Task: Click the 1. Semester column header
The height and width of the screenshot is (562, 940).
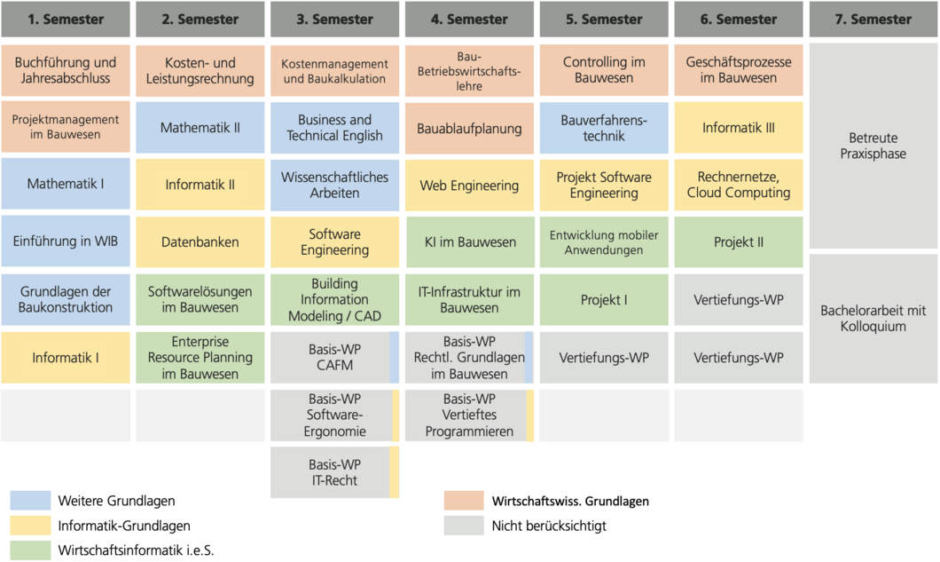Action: (x=66, y=19)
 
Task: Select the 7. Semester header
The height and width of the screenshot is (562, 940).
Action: (x=873, y=19)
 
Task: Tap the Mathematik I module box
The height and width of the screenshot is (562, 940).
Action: (x=66, y=185)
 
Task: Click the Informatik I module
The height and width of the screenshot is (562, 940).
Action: (x=66, y=358)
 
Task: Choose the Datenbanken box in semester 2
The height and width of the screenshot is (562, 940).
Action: (x=200, y=241)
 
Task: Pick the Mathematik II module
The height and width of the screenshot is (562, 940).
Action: (x=200, y=128)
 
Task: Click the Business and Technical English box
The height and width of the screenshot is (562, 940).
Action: (x=334, y=128)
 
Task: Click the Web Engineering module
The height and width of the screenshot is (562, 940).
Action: (x=469, y=186)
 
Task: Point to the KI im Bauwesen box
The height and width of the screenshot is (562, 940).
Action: (x=469, y=241)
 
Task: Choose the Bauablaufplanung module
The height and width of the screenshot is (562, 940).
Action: (x=469, y=129)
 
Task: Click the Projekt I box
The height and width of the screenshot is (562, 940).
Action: (x=604, y=299)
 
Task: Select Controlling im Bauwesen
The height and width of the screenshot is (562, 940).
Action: (x=604, y=70)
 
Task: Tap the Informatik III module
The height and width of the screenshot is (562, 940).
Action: (x=739, y=128)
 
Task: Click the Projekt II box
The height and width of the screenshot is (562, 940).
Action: (x=739, y=241)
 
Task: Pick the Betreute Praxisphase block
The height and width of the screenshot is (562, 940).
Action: (x=873, y=146)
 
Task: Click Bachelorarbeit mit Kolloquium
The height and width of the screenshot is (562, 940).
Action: (x=873, y=319)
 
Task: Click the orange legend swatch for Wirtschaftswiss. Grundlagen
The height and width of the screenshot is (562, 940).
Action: (x=464, y=501)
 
